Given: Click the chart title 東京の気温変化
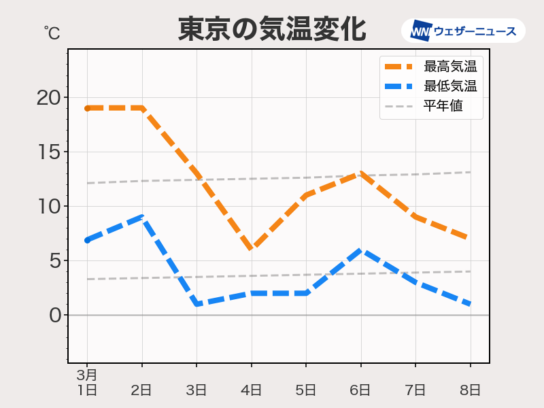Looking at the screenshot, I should tap(272, 29).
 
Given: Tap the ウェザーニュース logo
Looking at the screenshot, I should tap(463, 31).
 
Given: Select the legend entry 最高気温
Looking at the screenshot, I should tap(449, 67).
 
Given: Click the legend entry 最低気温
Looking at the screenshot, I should tap(449, 86).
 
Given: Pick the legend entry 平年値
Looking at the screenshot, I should tap(443, 106).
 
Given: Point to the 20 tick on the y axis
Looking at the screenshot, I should tap(48, 97).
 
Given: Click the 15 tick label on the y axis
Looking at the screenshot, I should tap(48, 152).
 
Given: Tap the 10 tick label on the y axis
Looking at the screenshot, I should tap(48, 206).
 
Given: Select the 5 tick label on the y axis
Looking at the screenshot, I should tap(54, 260).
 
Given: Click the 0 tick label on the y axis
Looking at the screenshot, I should tap(54, 315).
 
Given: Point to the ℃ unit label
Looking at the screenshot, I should tap(51, 31).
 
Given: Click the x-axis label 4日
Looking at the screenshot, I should tap(252, 390).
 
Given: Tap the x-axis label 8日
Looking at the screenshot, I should tap(470, 390).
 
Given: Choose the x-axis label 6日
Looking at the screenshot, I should tap(360, 390).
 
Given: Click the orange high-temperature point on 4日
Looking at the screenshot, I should tap(252, 249).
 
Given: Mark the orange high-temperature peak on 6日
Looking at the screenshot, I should tap(360, 173).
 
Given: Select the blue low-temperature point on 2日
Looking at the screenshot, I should tap(142, 217).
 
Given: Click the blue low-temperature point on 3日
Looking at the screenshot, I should tap(197, 304).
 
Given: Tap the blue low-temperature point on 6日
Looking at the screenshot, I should tap(360, 250).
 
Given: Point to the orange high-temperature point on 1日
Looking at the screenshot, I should tap(88, 108).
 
